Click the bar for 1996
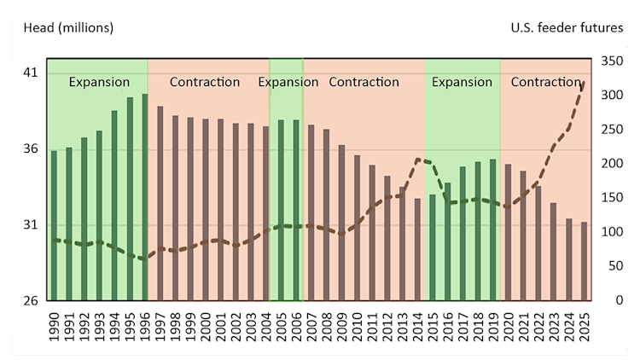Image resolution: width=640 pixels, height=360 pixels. (145, 197)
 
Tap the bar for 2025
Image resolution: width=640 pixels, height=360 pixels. (585, 261)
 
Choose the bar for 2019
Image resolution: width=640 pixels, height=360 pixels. (493, 229)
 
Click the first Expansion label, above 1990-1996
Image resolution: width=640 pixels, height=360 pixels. (99, 83)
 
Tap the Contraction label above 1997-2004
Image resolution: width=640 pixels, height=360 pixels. (205, 83)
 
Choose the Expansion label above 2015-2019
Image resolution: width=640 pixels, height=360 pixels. (462, 83)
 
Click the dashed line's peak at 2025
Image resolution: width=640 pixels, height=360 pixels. (585, 82)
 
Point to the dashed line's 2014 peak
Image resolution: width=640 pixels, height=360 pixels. (418, 160)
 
